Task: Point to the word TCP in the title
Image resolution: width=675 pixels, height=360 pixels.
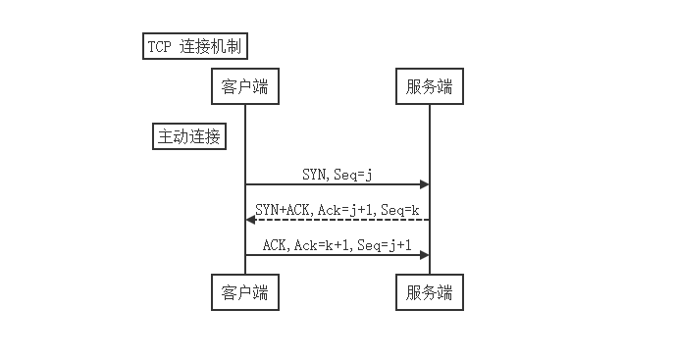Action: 158,46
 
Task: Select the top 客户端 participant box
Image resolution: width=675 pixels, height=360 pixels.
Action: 244,86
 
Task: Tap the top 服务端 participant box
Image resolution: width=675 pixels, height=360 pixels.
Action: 429,86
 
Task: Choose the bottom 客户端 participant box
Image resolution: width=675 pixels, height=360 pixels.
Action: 244,291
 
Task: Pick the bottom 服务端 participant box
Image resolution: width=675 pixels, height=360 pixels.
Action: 429,291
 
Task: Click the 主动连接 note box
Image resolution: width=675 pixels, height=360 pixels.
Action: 189,136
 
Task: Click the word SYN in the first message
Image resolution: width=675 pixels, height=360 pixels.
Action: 314,174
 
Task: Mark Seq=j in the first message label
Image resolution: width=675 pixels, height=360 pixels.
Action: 352,174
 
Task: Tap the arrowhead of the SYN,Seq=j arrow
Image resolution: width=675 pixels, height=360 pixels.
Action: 424,184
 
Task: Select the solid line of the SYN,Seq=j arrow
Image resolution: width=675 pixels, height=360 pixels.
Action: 334,184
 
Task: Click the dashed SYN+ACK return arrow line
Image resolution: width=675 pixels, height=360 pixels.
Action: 338,220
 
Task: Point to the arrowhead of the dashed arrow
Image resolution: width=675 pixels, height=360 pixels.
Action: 250,220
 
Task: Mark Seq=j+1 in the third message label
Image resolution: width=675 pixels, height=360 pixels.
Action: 384,244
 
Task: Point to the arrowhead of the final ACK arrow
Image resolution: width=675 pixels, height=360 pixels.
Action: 424,255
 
